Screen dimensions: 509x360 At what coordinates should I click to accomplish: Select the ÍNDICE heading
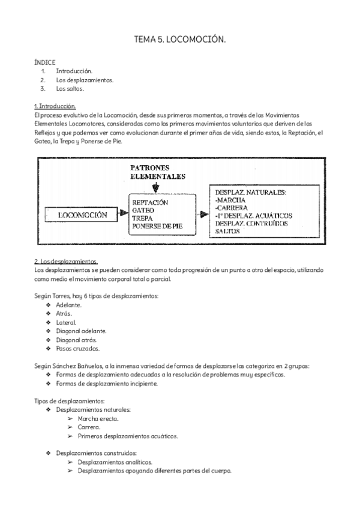coord(45,62)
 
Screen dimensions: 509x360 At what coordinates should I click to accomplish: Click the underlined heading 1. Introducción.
coord(55,106)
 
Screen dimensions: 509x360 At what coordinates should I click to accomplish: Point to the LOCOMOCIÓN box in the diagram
coord(82,214)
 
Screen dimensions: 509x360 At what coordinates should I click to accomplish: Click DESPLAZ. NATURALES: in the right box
coord(250,192)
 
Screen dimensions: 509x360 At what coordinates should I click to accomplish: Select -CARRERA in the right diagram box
coord(236,208)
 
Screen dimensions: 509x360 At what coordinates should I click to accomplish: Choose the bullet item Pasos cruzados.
coord(77,348)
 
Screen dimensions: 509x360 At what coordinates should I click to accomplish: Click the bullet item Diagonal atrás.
coord(76,340)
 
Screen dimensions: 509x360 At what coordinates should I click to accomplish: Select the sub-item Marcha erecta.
coord(98,418)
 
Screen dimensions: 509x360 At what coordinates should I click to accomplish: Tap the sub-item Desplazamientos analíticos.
coord(115,462)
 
